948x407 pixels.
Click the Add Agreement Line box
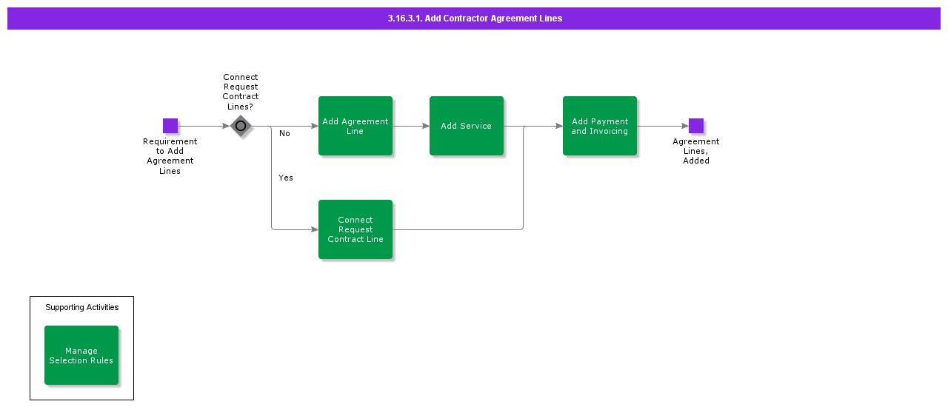click(355, 126)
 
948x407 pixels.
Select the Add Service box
click(467, 126)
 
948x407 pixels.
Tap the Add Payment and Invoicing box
click(600, 126)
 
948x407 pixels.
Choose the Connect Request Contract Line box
click(355, 229)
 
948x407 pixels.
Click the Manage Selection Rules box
click(81, 355)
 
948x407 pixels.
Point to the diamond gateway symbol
click(241, 126)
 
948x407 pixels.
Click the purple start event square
click(170, 126)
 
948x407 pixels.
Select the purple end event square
click(696, 126)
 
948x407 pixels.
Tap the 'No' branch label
click(284, 134)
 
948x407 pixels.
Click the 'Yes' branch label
click(286, 178)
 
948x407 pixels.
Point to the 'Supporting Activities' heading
click(81, 307)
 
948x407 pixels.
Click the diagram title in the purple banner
click(474, 18)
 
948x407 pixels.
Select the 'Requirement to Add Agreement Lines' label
click(170, 156)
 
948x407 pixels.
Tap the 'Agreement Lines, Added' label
click(696, 151)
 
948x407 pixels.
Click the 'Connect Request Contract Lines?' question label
click(241, 92)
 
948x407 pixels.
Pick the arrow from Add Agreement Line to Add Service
click(411, 126)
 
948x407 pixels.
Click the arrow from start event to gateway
click(204, 126)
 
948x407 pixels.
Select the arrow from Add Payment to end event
click(663, 126)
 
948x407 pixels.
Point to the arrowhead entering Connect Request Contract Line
click(314, 229)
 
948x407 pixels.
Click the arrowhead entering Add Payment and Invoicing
click(558, 126)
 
